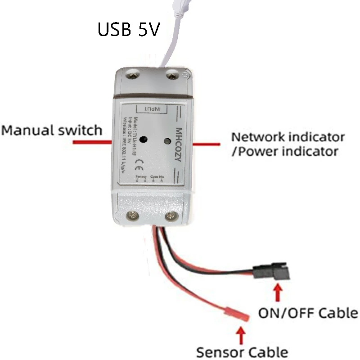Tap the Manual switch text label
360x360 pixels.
coord(52,130)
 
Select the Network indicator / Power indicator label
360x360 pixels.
coord(288,144)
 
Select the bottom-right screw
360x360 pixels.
coord(171,216)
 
